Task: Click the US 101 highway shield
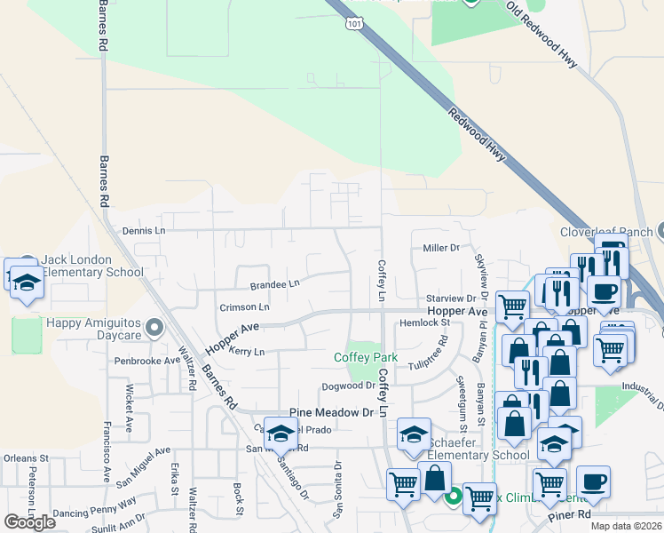coord(354,25)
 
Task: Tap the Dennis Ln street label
coord(144,230)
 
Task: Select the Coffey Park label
coord(366,357)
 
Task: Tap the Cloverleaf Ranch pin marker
coord(657,232)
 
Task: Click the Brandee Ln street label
coord(274,284)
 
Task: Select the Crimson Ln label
coord(245,306)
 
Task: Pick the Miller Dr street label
coord(441,248)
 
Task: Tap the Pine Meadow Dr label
coord(333,413)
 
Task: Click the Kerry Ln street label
coord(248,352)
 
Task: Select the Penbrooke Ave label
coord(146,362)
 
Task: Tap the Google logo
coord(29,522)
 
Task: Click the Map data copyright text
coord(626,526)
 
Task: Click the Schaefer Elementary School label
coord(478,449)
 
